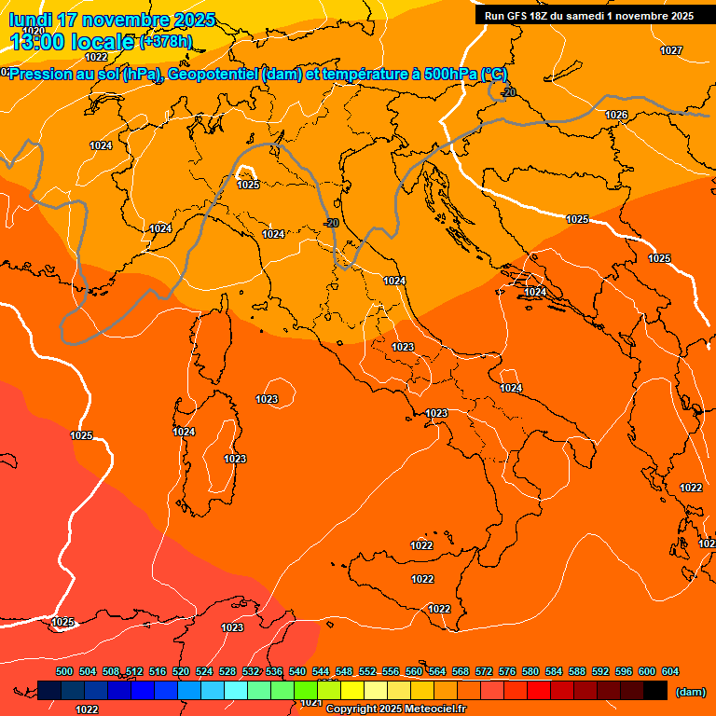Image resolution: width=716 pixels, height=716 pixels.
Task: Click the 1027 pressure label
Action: click(671, 50)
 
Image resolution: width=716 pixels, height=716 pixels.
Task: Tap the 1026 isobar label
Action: click(616, 115)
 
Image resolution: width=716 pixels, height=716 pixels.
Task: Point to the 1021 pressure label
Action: click(310, 703)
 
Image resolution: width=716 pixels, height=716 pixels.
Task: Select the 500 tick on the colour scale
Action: click(64, 671)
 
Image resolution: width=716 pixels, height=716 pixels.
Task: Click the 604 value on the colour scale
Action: click(670, 671)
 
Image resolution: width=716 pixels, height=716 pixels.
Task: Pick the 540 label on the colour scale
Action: click(297, 671)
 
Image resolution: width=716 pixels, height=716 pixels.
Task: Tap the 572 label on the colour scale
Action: click(484, 671)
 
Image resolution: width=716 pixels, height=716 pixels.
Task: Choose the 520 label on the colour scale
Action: click(181, 671)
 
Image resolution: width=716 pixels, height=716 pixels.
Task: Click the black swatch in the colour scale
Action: click(655, 691)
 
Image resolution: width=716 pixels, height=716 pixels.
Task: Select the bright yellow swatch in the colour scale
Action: click(352, 691)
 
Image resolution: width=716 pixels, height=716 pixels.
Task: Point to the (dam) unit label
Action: click(690, 692)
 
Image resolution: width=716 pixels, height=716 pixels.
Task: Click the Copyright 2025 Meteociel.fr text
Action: click(395, 709)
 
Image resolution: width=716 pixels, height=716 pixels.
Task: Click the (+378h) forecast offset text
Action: click(166, 42)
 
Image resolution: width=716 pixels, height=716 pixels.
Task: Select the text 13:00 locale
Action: click(73, 42)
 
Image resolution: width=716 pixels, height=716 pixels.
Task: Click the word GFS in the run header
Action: click(518, 16)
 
